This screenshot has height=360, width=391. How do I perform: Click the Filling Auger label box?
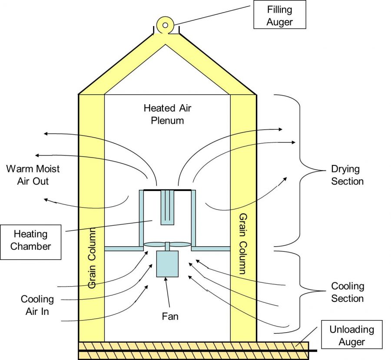coord(279,15)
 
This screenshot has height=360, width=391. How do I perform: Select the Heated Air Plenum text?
coord(167,114)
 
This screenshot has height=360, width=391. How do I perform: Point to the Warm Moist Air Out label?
coord(33,175)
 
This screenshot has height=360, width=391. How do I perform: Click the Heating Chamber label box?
coord(30,240)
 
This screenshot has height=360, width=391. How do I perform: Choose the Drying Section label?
coord(347,175)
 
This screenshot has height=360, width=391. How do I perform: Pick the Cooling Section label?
coord(347,292)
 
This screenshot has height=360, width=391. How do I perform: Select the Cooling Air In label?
coord(37,305)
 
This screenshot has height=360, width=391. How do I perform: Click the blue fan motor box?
coord(167,263)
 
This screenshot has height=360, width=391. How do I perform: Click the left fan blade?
coord(154,245)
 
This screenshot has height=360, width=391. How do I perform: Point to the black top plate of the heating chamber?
coord(167,190)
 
